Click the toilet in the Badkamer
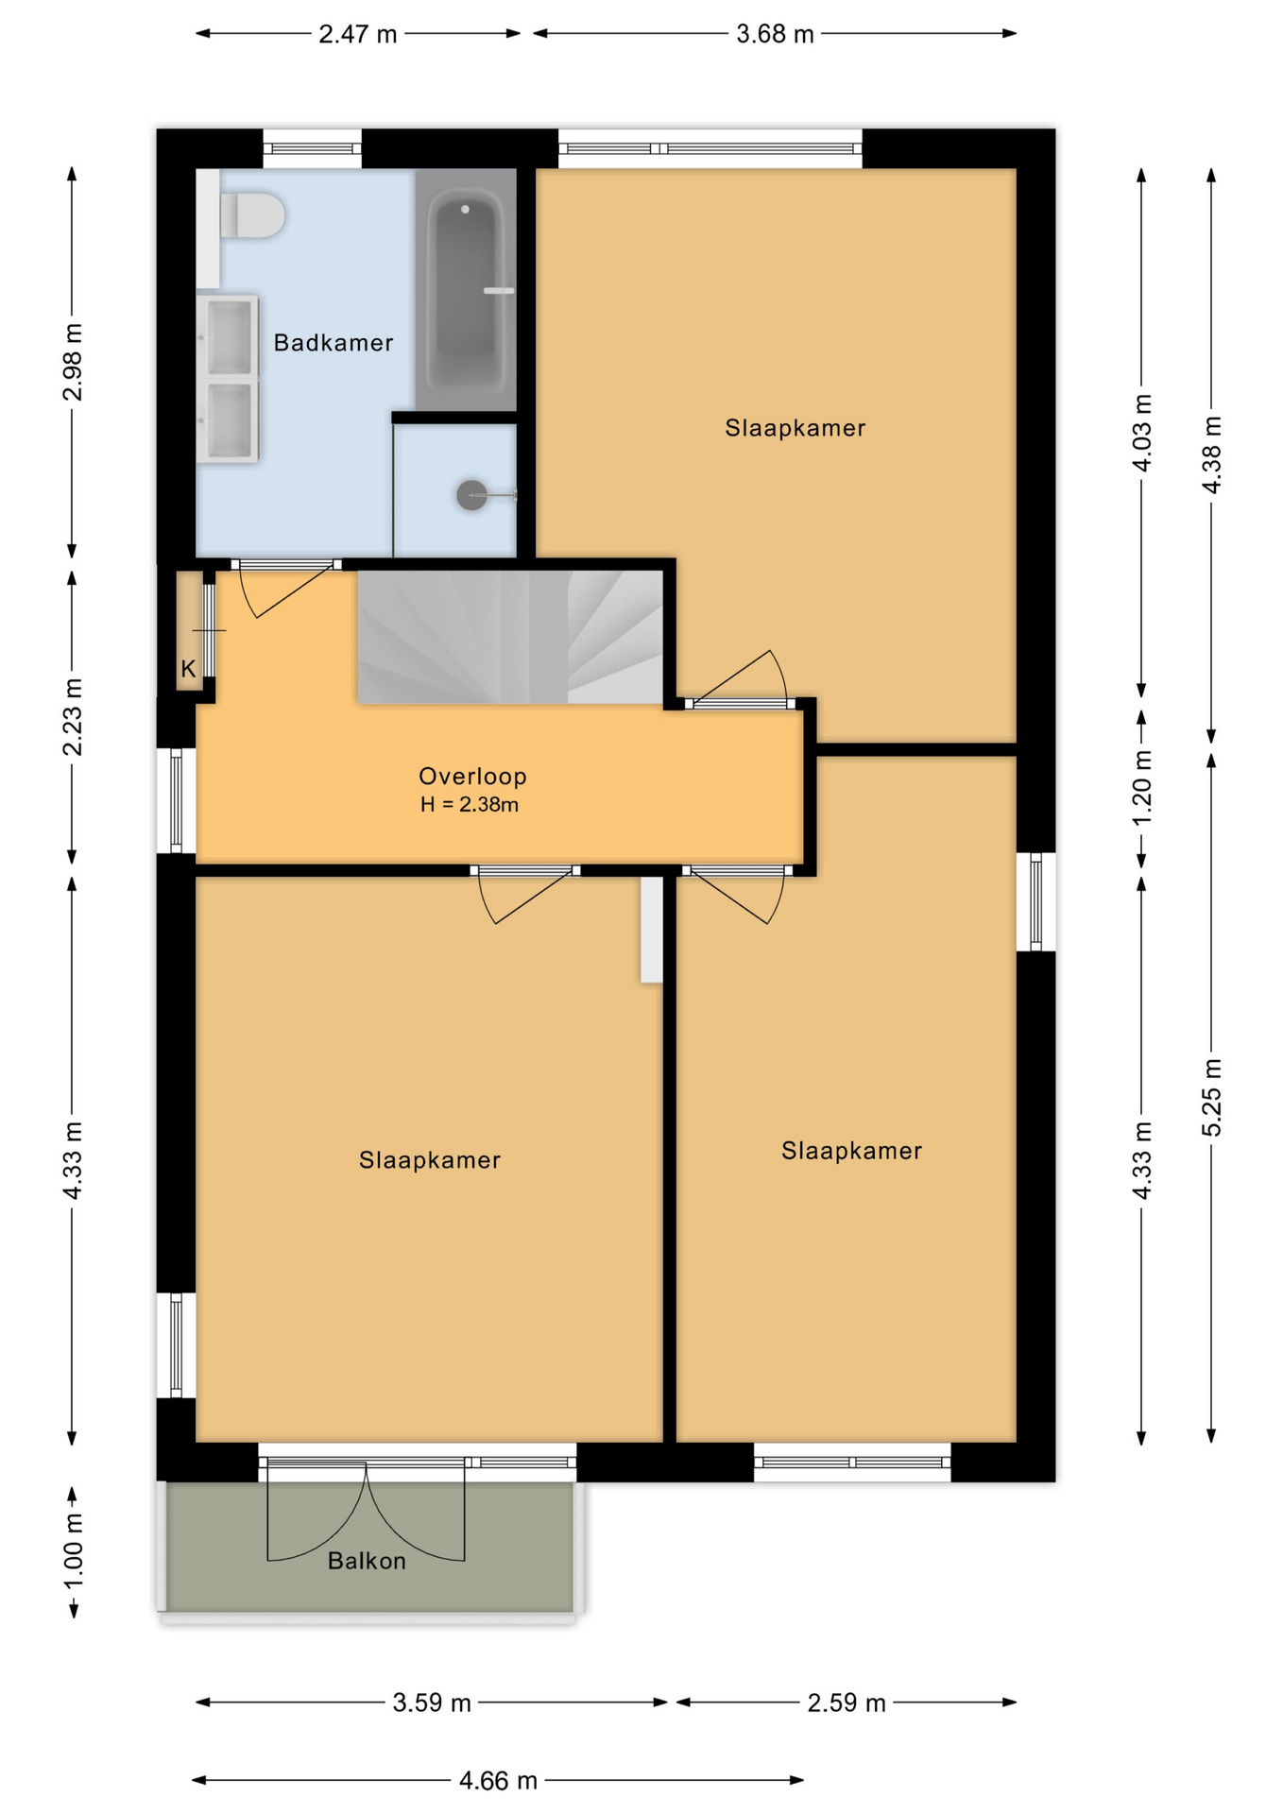tap(251, 215)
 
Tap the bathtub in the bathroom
tap(466, 289)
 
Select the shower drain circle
tap(471, 495)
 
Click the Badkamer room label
tap(334, 342)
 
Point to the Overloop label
tap(472, 776)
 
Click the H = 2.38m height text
tap(470, 805)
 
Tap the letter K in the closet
tap(188, 669)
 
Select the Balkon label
tap(367, 1561)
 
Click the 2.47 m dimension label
tap(358, 34)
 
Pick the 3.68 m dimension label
tap(775, 34)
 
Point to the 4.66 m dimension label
tap(498, 1781)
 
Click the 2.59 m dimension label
tap(847, 1703)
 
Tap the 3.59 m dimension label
tap(432, 1703)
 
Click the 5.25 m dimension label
tap(1212, 1098)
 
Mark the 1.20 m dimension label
tap(1142, 788)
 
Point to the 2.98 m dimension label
tap(73, 362)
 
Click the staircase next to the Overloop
tap(509, 636)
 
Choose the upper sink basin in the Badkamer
tap(230, 336)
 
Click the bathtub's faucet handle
tap(499, 291)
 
